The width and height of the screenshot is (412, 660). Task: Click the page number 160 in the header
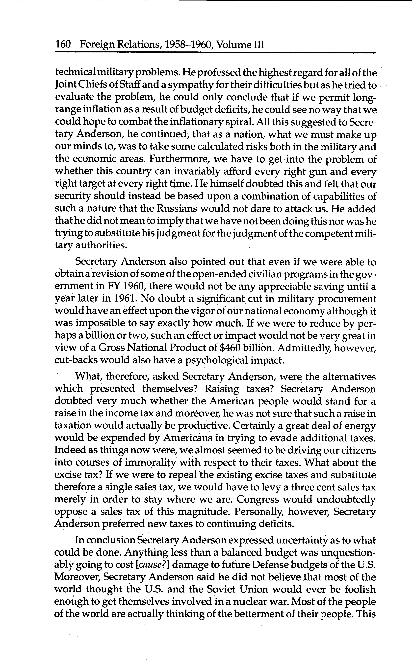click(x=63, y=44)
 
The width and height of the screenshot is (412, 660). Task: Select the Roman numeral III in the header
click(x=259, y=44)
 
